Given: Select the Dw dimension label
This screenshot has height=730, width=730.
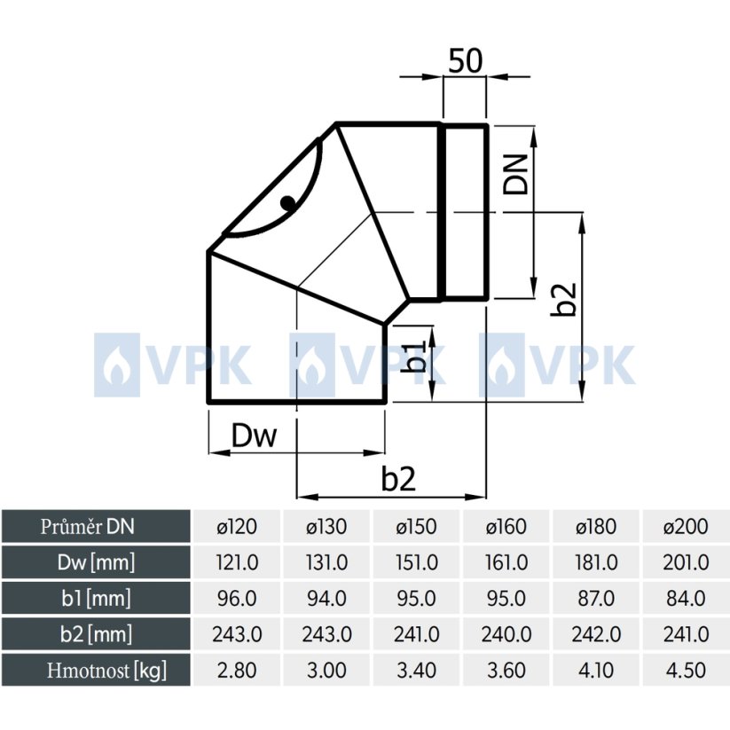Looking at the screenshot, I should (x=254, y=436).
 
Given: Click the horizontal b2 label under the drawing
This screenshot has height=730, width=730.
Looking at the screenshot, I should (x=398, y=479).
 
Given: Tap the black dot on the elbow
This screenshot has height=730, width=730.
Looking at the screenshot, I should (x=287, y=202).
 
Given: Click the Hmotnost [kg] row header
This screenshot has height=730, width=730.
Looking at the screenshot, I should (x=97, y=670).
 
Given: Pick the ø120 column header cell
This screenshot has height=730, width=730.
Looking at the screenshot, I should (x=237, y=527).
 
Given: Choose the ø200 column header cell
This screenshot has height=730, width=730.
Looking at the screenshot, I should (x=687, y=527).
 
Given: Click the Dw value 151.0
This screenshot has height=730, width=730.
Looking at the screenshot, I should (x=417, y=562).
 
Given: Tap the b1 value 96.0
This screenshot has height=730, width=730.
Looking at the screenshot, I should (x=237, y=599).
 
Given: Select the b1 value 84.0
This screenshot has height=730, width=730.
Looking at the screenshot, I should (x=687, y=599).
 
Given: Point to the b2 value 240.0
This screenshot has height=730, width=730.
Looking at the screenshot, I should (x=506, y=634).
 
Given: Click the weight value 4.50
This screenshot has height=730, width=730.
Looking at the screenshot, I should (x=687, y=670).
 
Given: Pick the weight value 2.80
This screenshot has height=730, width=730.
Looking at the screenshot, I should (x=237, y=670).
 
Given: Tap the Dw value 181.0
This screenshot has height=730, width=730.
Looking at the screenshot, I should (x=596, y=562).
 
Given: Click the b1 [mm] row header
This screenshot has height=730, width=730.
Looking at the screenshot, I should (x=97, y=599).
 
